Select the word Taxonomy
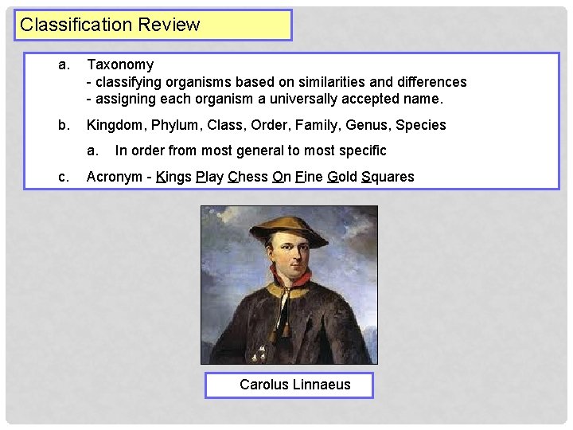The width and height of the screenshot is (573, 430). pos(120,64)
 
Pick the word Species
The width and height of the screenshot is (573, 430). pos(421,125)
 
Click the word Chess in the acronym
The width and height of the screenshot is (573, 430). pos(248,177)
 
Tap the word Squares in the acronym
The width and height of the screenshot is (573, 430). pos(388,177)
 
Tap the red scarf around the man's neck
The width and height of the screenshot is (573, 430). pos(288,280)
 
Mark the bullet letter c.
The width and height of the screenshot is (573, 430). pos(63,177)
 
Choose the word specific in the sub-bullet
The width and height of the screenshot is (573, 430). pos(361,150)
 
